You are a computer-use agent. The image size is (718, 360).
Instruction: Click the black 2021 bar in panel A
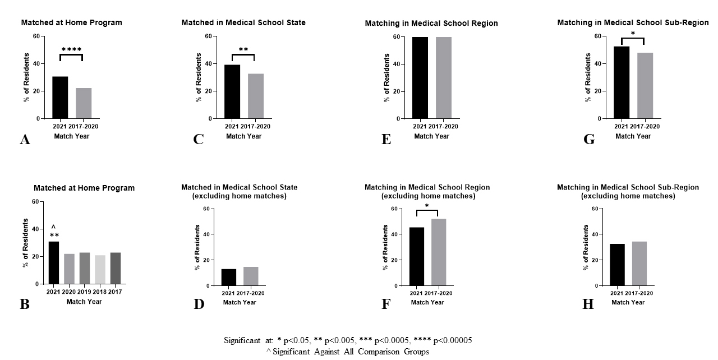pos(60,98)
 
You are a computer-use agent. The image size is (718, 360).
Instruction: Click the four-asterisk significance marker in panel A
pos(71,50)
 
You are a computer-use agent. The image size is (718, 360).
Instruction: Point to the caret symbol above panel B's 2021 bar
pos(54,227)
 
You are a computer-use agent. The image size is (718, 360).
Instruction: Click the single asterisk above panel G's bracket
pos(633,34)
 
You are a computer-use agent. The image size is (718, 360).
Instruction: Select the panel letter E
pos(386,139)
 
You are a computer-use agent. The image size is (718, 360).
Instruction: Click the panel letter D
pos(199,304)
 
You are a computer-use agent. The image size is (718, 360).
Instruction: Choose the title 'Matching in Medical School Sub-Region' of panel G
pos(633,23)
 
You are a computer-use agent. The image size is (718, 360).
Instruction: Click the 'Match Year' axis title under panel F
pos(427,303)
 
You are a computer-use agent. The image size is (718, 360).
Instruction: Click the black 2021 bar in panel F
pos(417,256)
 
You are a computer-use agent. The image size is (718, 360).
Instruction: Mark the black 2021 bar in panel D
pos(228,277)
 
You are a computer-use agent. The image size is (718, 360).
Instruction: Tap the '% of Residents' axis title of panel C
pos(198,77)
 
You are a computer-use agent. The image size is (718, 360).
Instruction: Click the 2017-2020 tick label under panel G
pos(645,126)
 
